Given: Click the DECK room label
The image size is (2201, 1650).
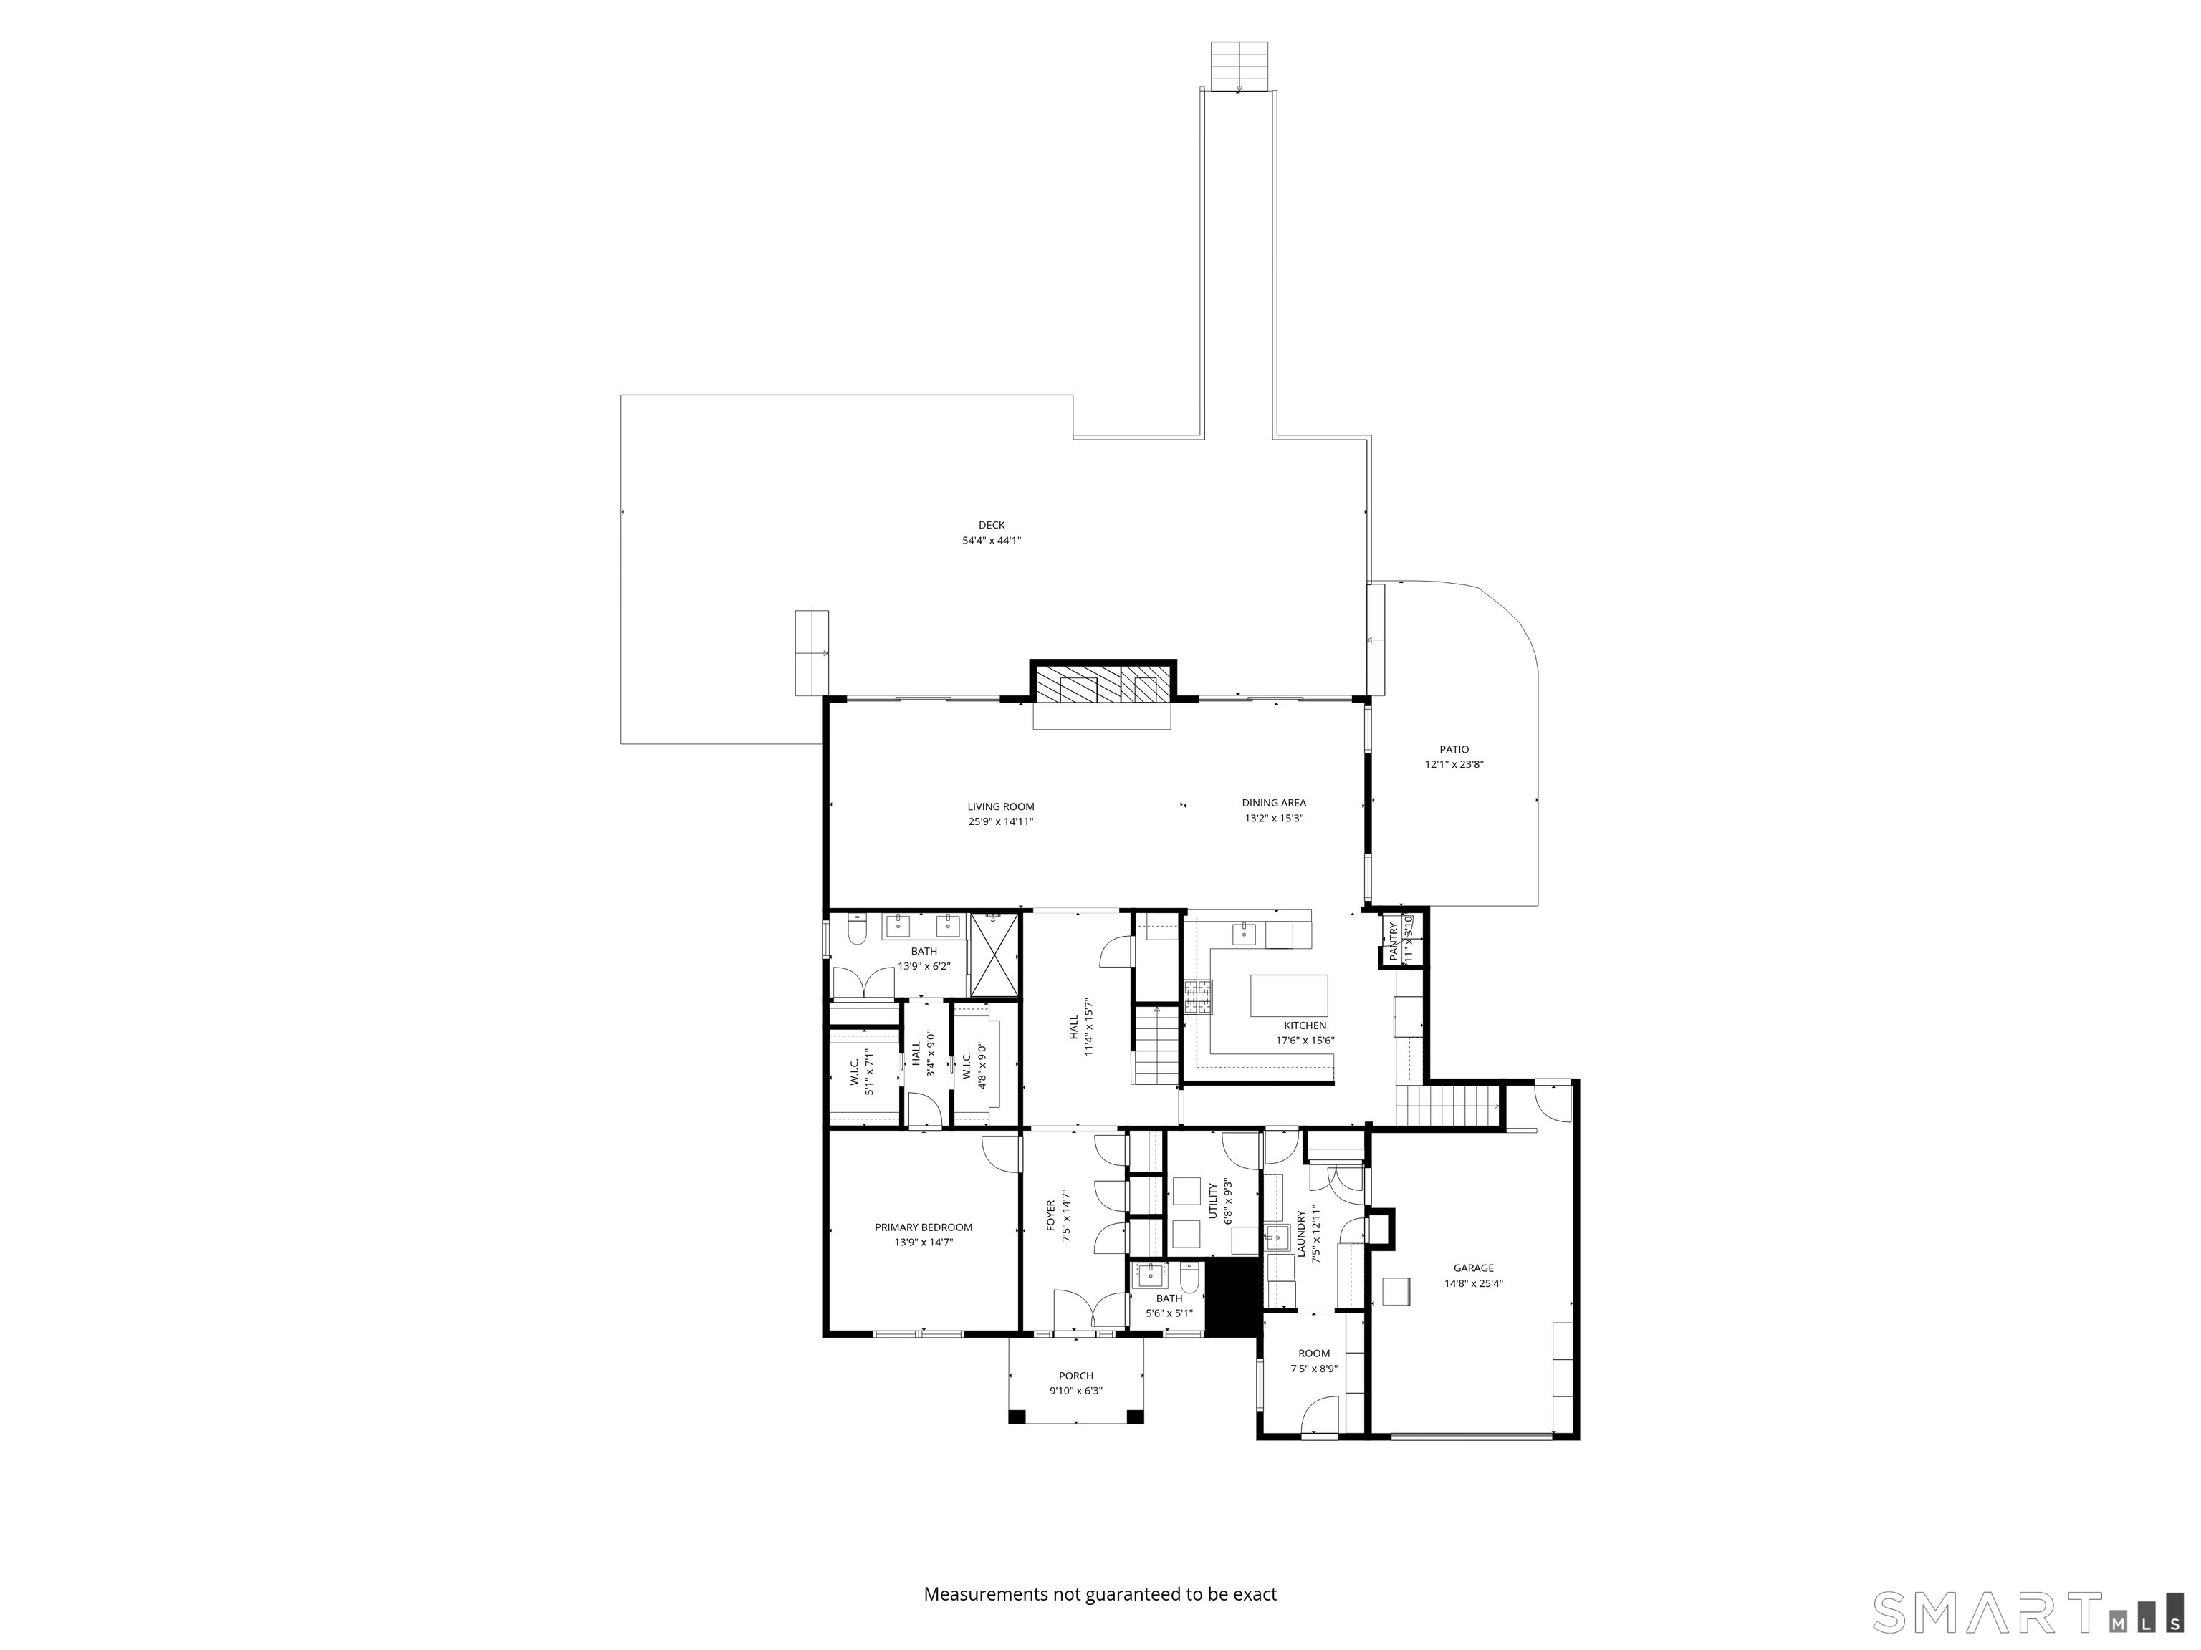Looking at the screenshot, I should [991, 525].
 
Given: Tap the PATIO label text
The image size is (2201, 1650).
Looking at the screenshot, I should [1454, 750].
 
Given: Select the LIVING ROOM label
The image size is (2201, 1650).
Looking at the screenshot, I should [1000, 806].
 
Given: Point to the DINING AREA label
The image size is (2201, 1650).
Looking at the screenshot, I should [1274, 803].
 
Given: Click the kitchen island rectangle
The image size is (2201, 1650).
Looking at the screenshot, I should [1288, 995].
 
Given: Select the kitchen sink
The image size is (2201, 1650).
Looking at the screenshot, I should [1244, 933].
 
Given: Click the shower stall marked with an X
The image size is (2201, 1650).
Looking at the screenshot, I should [994, 955].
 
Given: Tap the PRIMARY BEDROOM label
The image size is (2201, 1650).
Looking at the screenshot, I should [924, 1227].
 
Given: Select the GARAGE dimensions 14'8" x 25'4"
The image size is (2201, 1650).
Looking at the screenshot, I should [1474, 1284].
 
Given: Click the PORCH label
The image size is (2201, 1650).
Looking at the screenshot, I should [1075, 1376].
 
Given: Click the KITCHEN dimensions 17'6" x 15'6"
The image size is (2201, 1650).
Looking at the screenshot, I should [1305, 1041].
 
